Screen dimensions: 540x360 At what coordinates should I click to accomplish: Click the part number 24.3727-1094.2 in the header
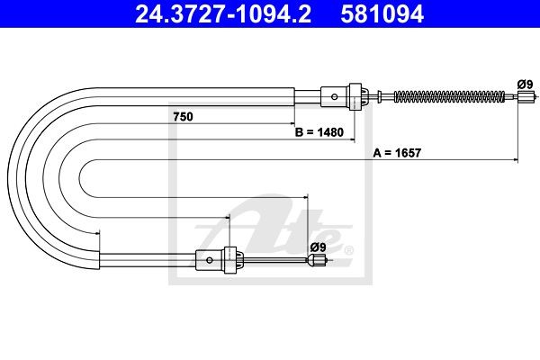(x=223, y=14)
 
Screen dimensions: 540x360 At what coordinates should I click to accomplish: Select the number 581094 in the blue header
(x=382, y=14)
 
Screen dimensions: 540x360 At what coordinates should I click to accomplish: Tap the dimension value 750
(x=183, y=117)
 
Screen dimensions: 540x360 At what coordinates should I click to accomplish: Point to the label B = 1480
(x=319, y=132)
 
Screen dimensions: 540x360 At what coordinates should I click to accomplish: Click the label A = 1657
(x=397, y=153)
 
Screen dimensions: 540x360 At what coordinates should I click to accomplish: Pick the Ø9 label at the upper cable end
(x=525, y=84)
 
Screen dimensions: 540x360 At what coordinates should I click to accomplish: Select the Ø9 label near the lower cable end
(x=318, y=247)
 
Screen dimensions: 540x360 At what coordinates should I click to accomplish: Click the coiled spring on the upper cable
(x=449, y=96)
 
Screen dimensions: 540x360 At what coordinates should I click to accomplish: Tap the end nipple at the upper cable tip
(x=525, y=97)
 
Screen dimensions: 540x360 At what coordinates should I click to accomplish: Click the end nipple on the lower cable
(x=317, y=260)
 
